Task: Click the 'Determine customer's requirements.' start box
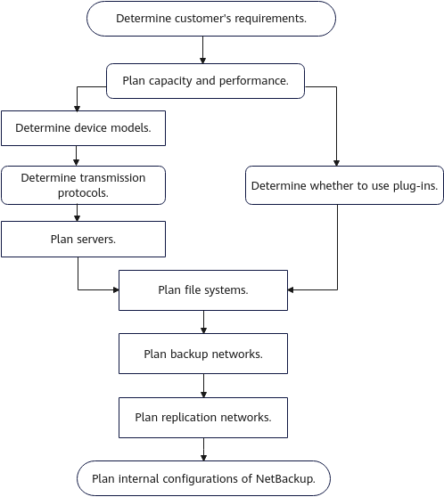[x=211, y=19]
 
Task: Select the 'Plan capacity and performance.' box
[x=205, y=81]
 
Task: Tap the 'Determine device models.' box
[x=83, y=128]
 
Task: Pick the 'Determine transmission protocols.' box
[x=83, y=185]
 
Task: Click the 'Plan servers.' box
[x=83, y=239]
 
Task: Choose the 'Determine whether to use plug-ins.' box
[x=344, y=185]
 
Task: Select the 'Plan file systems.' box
[x=203, y=290]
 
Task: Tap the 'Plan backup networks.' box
[x=203, y=354]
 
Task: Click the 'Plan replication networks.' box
[x=203, y=418]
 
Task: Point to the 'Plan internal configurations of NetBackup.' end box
[x=203, y=478]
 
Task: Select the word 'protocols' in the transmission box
[x=82, y=193]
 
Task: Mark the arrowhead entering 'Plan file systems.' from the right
[x=291, y=289]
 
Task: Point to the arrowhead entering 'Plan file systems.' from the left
[x=116, y=289]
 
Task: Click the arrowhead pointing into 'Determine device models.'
[x=77, y=108]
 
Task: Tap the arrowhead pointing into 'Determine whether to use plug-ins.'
[x=336, y=163]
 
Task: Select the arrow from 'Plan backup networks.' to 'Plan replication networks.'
[x=204, y=386]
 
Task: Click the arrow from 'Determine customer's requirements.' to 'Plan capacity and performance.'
[x=202, y=50]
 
